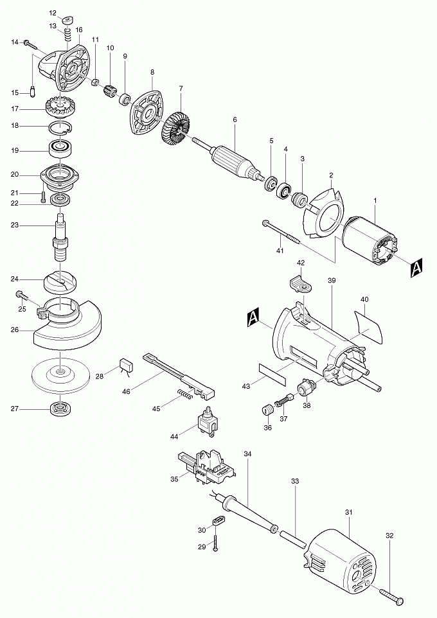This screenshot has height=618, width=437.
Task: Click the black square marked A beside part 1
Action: click(x=416, y=268)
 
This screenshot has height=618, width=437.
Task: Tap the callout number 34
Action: click(x=247, y=454)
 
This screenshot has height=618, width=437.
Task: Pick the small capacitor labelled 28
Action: click(x=126, y=366)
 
